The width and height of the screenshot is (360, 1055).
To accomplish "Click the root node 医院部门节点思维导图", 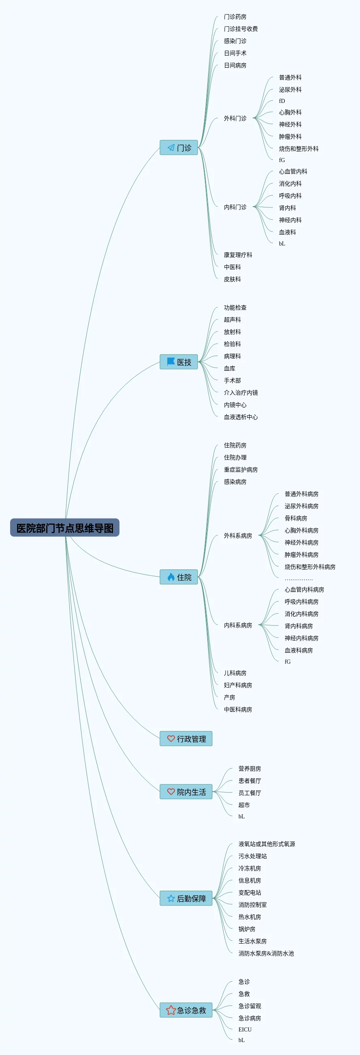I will [x=65, y=528].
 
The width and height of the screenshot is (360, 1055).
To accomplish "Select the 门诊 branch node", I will [x=179, y=147].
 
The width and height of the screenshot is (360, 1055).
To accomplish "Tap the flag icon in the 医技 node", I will [x=170, y=362].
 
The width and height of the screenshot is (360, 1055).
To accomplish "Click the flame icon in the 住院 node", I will [x=171, y=577].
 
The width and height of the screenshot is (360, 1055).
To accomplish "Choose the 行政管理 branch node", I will [x=186, y=739].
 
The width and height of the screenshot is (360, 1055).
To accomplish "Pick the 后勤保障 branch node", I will [x=186, y=898].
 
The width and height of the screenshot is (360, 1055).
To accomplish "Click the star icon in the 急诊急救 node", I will [x=171, y=1010].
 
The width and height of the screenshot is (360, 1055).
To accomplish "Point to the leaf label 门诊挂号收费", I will [x=241, y=29].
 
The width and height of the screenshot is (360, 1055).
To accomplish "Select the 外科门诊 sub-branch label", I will [x=235, y=118].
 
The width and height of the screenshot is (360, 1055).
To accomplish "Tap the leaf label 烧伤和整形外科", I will [x=298, y=149].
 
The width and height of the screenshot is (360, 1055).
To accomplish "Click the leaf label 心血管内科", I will [x=293, y=172].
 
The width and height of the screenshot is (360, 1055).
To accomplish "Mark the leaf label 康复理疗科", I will [x=238, y=255].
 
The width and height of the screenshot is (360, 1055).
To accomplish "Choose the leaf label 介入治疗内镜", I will [x=241, y=393].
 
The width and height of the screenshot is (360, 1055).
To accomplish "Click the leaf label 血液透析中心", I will [x=241, y=417].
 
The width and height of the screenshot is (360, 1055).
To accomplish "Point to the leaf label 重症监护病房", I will [x=241, y=470].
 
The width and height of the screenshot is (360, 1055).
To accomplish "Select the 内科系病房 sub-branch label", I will [x=238, y=626].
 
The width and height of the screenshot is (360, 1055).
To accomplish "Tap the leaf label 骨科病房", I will [x=296, y=518].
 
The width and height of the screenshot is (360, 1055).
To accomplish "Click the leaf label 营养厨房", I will [x=249, y=769].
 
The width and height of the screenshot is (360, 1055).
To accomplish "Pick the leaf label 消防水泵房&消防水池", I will [x=266, y=953].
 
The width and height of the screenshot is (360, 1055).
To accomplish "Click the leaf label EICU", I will [x=245, y=1029].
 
